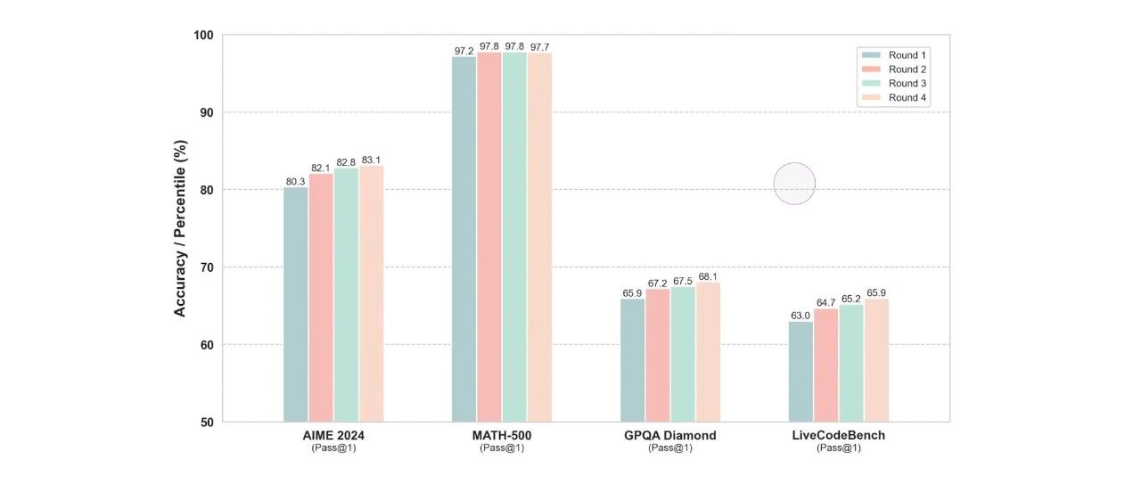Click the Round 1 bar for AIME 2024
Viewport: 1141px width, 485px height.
point(295,304)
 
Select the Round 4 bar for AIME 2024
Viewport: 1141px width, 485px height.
point(372,293)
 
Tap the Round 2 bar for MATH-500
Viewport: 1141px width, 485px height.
point(488,236)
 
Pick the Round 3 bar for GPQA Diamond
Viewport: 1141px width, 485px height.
point(683,354)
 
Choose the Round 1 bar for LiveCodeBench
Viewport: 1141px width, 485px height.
point(800,371)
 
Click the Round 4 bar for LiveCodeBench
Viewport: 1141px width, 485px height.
point(876,360)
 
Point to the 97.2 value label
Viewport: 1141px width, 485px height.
point(464,51)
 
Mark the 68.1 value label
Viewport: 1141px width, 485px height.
point(709,275)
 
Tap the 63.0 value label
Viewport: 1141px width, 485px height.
point(800,315)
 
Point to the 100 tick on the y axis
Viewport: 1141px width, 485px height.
point(203,35)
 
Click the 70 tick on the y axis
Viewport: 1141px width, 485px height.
point(207,267)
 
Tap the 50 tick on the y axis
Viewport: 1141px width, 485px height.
point(207,422)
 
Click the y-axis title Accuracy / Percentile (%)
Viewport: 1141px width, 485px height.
point(180,228)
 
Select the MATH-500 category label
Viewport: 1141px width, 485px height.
point(502,436)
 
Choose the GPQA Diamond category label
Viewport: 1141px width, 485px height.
point(670,436)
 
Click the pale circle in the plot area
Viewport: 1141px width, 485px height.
point(794,184)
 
